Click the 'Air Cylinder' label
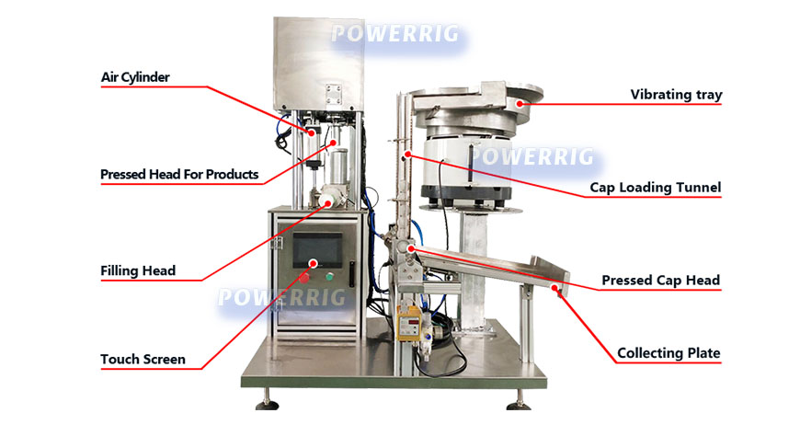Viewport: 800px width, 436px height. pyautogui.click(x=135, y=77)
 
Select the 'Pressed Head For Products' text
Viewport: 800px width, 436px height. pyautogui.click(x=179, y=174)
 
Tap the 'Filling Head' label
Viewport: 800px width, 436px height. pyautogui.click(x=138, y=271)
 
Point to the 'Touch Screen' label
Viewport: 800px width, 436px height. pyautogui.click(x=143, y=359)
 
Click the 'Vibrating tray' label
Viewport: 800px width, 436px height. pyautogui.click(x=676, y=94)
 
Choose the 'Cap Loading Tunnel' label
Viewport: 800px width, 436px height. pyautogui.click(x=655, y=189)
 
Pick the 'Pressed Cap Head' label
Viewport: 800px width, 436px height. pyautogui.click(x=660, y=280)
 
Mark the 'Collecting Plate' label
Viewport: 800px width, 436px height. pyautogui.click(x=669, y=352)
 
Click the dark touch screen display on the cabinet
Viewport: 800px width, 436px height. pyautogui.click(x=317, y=249)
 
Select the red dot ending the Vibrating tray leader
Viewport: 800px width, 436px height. pyautogui.click(x=520, y=104)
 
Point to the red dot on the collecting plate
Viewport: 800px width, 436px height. pyautogui.click(x=558, y=292)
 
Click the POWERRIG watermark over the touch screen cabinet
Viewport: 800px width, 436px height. pyautogui.click(x=281, y=297)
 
